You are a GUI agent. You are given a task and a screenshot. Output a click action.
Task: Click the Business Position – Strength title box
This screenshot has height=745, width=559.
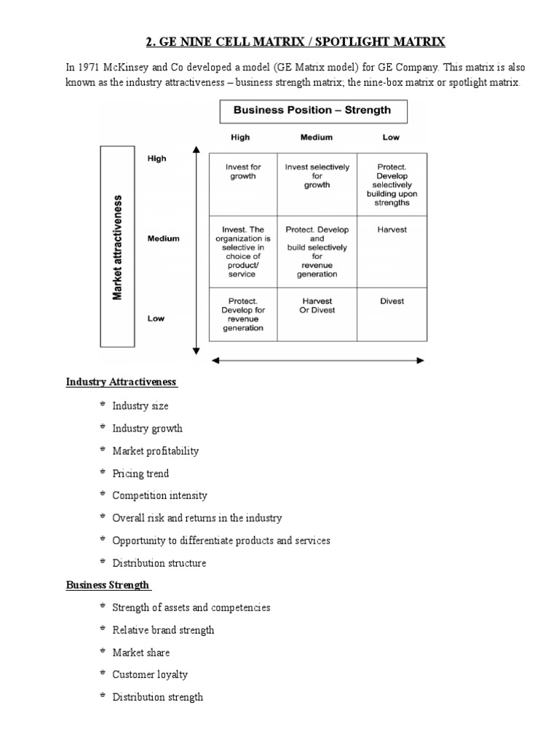[x=312, y=111]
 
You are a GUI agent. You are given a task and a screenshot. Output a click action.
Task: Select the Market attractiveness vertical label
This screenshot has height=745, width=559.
[x=117, y=246]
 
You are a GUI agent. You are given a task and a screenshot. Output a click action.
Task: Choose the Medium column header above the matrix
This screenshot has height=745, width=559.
[x=316, y=137]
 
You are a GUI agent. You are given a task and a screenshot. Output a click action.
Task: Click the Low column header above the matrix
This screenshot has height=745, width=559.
[x=390, y=137]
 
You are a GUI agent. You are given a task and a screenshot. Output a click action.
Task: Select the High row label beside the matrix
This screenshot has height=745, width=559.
[x=156, y=159]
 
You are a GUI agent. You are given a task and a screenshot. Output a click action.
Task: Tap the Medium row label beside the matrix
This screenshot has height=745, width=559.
[x=163, y=238]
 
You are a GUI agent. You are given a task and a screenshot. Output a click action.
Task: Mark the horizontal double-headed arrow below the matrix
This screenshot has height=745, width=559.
[x=317, y=359]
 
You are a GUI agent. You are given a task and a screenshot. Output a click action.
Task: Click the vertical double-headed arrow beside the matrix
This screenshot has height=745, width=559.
[x=196, y=250]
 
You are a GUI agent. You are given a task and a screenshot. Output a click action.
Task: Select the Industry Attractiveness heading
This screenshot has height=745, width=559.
[x=122, y=382]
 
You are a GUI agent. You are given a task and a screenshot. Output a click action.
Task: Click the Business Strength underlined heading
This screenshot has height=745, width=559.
[x=108, y=584]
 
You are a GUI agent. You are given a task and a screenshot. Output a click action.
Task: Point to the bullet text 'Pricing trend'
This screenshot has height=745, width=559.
[x=140, y=474]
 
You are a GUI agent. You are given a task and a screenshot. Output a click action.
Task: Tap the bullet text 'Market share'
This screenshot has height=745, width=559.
[x=141, y=653]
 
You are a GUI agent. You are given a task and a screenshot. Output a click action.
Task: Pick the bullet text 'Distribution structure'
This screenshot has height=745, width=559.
[x=159, y=563]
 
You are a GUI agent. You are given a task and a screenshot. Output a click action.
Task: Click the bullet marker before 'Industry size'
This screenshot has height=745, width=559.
[x=103, y=405]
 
